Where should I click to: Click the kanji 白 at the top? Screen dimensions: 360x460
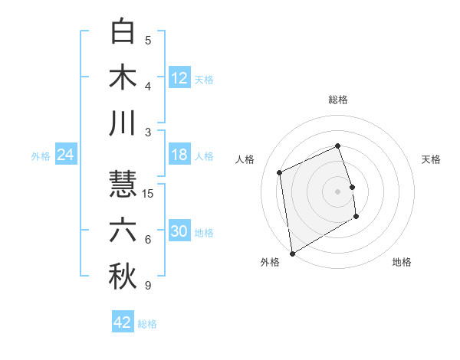(123, 31)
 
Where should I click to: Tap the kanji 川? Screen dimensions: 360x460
(123, 123)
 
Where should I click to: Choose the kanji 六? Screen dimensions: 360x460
(123, 231)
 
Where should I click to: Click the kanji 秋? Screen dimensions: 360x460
(123, 277)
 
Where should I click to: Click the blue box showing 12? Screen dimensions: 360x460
(179, 77)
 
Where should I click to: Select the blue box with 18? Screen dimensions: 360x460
(179, 155)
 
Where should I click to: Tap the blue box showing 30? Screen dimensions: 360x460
(179, 231)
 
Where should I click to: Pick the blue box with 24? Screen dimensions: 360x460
(65, 155)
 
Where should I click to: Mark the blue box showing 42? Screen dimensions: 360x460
(123, 322)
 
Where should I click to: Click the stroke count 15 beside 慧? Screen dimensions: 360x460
(149, 193)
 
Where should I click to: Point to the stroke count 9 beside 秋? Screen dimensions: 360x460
(148, 286)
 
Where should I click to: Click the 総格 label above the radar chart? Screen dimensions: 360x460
(338, 100)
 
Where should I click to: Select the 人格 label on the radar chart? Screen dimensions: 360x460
(245, 159)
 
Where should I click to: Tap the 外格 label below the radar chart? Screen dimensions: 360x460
(270, 262)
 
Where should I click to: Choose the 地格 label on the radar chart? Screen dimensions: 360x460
(402, 262)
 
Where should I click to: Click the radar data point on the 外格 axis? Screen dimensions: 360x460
(292, 254)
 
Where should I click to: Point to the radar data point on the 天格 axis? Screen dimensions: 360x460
(352, 186)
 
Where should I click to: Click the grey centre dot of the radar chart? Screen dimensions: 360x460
(338, 191)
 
